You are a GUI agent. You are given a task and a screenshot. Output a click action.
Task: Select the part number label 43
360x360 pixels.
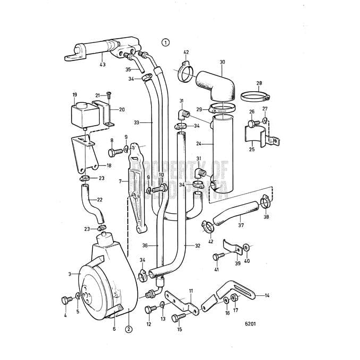coord(102,65)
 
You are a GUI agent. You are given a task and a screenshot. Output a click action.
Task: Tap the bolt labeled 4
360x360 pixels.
coord(66,300)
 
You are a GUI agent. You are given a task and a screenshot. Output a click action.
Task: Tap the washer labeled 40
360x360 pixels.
coord(247,247)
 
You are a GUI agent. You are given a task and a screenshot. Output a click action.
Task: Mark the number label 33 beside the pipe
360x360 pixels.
coord(136,122)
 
